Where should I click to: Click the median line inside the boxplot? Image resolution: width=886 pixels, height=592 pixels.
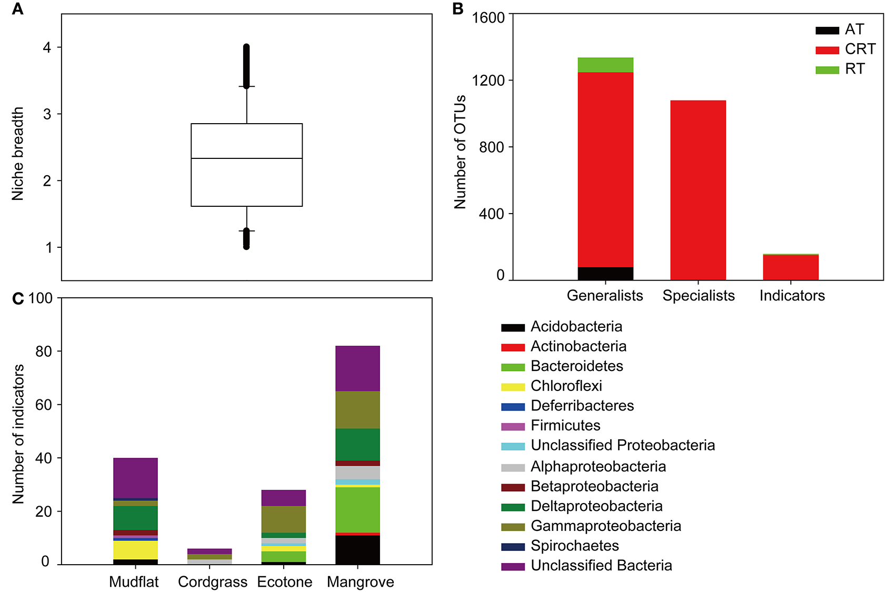[x=246, y=158]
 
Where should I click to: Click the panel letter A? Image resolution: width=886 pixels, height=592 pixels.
[x=18, y=9]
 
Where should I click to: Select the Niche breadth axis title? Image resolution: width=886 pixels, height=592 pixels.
[x=18, y=153]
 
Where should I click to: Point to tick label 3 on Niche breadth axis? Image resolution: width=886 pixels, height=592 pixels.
[x=47, y=114]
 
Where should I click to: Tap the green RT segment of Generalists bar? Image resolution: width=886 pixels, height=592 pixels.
[x=605, y=65]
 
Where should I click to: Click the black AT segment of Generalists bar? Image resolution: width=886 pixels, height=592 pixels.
[x=605, y=274]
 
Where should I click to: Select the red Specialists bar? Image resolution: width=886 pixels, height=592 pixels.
[x=698, y=189]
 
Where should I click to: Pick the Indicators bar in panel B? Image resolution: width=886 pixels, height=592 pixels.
[x=791, y=267]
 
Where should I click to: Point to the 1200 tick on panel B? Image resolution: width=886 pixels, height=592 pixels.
[x=488, y=81]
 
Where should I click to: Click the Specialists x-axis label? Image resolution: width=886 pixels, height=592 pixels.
[x=698, y=296]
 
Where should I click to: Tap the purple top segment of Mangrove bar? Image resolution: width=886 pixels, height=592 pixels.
[x=357, y=368]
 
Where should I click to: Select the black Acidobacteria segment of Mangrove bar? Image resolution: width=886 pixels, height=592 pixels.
[x=357, y=550]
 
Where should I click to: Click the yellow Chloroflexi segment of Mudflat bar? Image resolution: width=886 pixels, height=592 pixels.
[x=135, y=550]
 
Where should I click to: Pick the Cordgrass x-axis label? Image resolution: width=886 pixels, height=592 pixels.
[x=212, y=582]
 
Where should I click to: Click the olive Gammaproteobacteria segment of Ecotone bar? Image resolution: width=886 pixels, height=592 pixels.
[x=283, y=519]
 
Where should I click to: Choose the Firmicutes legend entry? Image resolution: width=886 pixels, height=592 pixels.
[x=565, y=425]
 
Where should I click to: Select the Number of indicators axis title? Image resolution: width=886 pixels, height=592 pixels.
[x=18, y=434]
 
